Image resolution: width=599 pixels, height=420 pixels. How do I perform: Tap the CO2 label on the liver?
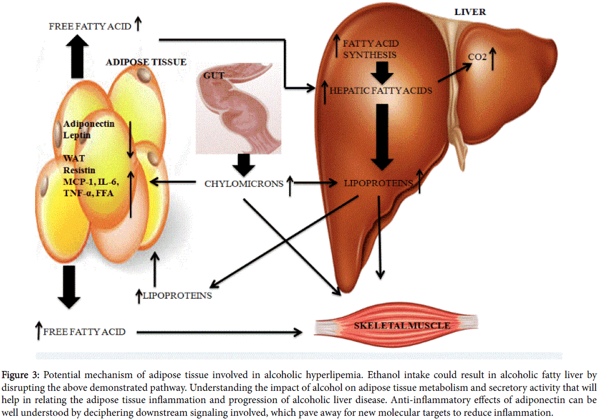477,56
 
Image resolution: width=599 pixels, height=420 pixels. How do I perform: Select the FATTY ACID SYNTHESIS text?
371,49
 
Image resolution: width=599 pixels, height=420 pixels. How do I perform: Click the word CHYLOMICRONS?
243,184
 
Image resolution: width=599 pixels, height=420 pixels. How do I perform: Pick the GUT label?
212,76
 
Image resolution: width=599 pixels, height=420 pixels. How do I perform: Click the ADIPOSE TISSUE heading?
146,62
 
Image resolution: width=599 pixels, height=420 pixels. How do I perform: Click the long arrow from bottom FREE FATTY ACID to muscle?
218,332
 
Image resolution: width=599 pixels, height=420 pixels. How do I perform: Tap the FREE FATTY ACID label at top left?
90,26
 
